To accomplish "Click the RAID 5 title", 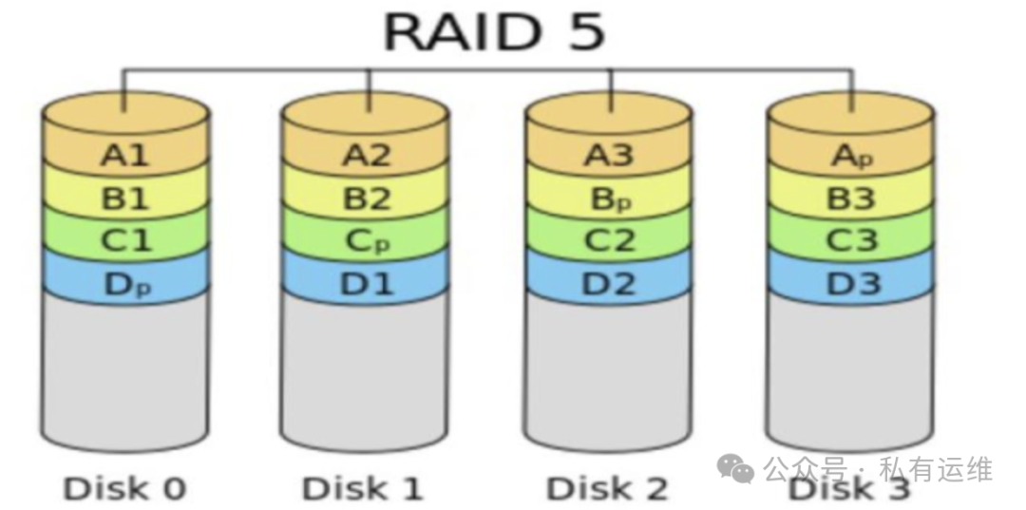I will click(x=494, y=32).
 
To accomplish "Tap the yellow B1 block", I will click(x=125, y=198).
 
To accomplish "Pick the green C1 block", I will click(x=125, y=240).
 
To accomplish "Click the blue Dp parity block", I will click(x=125, y=282).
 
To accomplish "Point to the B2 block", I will click(x=365, y=198).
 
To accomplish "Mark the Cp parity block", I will click(x=365, y=240).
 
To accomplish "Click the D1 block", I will click(x=365, y=282).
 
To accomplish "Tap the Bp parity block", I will click(x=608, y=198).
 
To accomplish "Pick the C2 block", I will click(x=608, y=240).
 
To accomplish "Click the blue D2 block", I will click(x=608, y=282).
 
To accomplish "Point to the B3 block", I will click(x=851, y=198).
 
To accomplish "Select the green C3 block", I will click(x=851, y=240).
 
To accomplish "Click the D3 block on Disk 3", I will click(x=851, y=282).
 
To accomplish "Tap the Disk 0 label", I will click(x=124, y=488).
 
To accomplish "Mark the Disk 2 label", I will click(x=607, y=488).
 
